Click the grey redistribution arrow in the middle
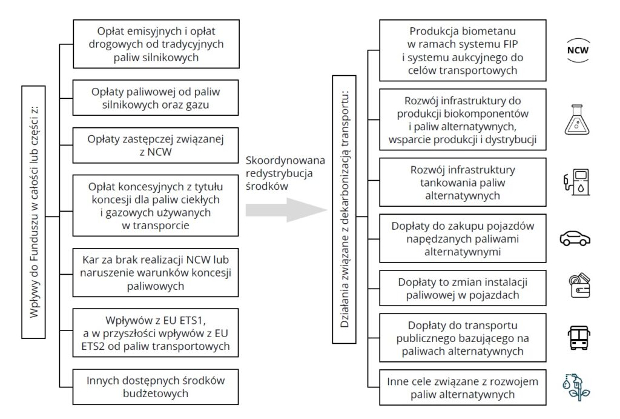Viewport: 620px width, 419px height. tap(285, 210)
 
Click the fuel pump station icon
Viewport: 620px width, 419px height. tap(576, 180)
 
